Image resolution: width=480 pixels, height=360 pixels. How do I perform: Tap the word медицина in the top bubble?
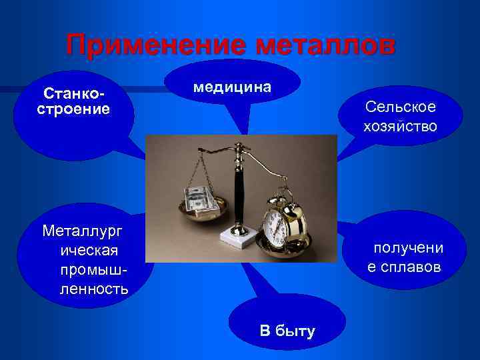[x=232, y=87]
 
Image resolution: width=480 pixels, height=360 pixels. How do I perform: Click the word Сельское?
[x=400, y=107]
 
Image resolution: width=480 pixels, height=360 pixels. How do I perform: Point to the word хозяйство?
[x=400, y=125]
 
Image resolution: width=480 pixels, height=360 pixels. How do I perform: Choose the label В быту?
[x=287, y=331]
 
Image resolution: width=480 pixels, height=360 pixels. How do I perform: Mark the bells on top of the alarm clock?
[x=283, y=195]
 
